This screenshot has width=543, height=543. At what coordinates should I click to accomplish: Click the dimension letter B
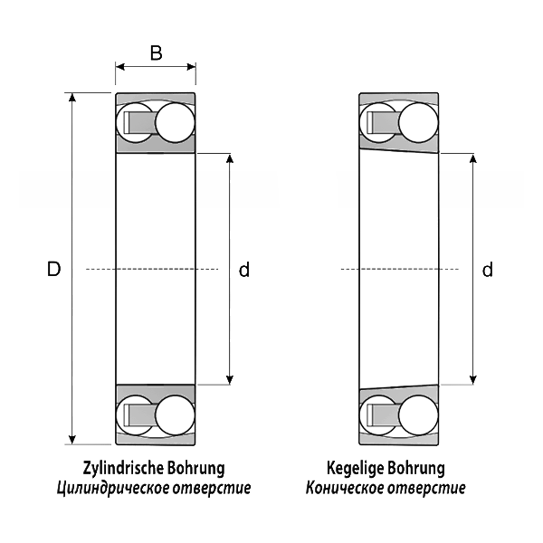(156, 52)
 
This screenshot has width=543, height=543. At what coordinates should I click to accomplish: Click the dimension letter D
(53, 269)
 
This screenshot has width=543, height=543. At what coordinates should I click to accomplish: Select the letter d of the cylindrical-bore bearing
(243, 269)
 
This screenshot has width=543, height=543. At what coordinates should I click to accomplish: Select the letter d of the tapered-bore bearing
(487, 269)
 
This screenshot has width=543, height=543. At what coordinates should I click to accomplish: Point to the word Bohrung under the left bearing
(196, 469)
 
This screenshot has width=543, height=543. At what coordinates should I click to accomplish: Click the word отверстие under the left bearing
(214, 489)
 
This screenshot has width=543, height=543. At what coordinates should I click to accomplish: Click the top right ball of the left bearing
(175, 122)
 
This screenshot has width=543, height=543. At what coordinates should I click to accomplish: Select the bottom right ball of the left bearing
(175, 415)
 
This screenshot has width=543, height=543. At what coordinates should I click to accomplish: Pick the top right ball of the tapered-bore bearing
(418, 122)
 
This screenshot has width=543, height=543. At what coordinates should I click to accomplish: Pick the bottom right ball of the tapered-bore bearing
(418, 415)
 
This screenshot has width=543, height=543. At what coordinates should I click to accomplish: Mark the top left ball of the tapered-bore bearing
(377, 122)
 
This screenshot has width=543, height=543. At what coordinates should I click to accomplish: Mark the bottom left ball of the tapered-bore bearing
(377, 415)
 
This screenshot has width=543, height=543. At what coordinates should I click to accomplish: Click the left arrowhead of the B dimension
(119, 66)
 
